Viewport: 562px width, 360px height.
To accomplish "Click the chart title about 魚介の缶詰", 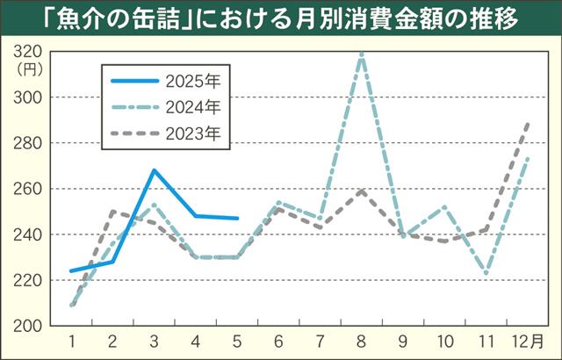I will (x=281, y=17).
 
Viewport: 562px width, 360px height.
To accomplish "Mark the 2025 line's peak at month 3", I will (x=155, y=170).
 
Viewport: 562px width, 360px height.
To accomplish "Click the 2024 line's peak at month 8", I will (x=362, y=53).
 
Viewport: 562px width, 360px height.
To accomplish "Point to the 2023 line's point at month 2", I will (x=112, y=212).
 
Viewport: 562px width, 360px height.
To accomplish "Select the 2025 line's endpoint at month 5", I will (x=237, y=218).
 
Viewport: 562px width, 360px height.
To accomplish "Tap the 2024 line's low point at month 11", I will (x=486, y=274).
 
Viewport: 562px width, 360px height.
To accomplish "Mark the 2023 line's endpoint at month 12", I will (x=528, y=123).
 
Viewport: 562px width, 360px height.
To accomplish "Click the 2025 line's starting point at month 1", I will (x=71, y=271).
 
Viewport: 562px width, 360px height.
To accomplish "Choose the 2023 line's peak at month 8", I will (x=362, y=191).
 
